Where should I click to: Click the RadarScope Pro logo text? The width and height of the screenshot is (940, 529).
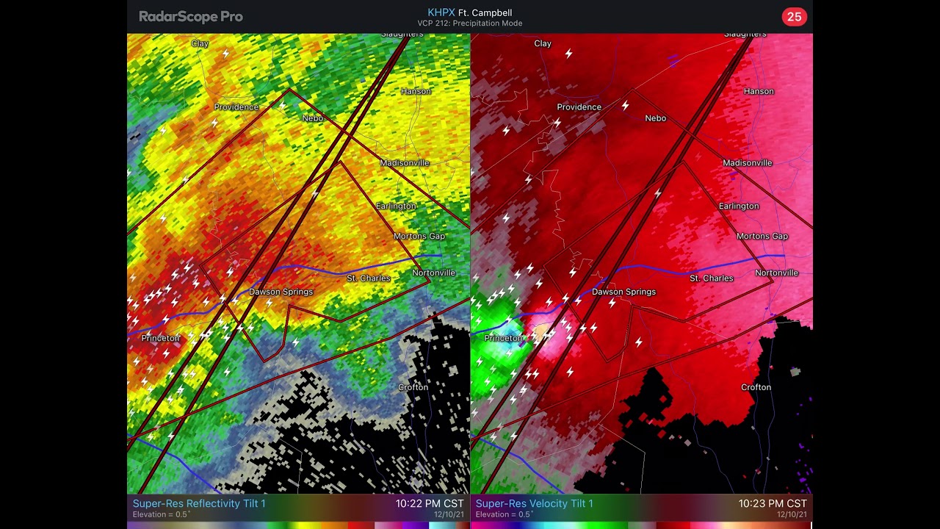coord(191,16)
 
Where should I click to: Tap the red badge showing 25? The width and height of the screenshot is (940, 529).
coord(794,17)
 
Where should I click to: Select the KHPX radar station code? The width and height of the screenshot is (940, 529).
coord(441,12)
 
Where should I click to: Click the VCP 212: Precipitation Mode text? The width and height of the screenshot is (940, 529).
coord(470,24)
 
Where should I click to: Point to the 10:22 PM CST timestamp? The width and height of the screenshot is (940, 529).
coord(430,503)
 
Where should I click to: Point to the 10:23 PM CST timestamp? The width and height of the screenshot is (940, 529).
coord(773,503)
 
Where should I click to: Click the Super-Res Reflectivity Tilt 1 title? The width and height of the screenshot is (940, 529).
coord(199,503)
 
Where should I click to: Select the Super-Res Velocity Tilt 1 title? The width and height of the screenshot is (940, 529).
coord(534,503)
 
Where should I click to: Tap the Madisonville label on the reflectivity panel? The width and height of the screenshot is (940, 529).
coord(405,163)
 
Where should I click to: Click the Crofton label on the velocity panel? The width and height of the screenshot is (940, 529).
coord(756,387)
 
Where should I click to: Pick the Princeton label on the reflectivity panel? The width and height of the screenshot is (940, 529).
coord(161,338)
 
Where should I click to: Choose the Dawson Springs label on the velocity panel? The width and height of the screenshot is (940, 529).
coord(623,292)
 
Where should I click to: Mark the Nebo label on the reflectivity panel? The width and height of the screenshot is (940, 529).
coord(313,118)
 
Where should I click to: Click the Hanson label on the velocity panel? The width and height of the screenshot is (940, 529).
coord(759,91)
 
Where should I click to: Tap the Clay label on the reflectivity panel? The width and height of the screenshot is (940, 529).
coord(200,43)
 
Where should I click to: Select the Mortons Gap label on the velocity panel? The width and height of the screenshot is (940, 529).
coord(762,236)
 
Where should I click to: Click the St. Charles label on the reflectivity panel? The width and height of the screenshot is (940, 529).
coord(369,278)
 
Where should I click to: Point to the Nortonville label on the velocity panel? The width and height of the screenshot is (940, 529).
coord(776,273)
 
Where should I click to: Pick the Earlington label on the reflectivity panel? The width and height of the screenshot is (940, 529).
coord(396,206)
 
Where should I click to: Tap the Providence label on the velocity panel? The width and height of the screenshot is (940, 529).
coord(579,107)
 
